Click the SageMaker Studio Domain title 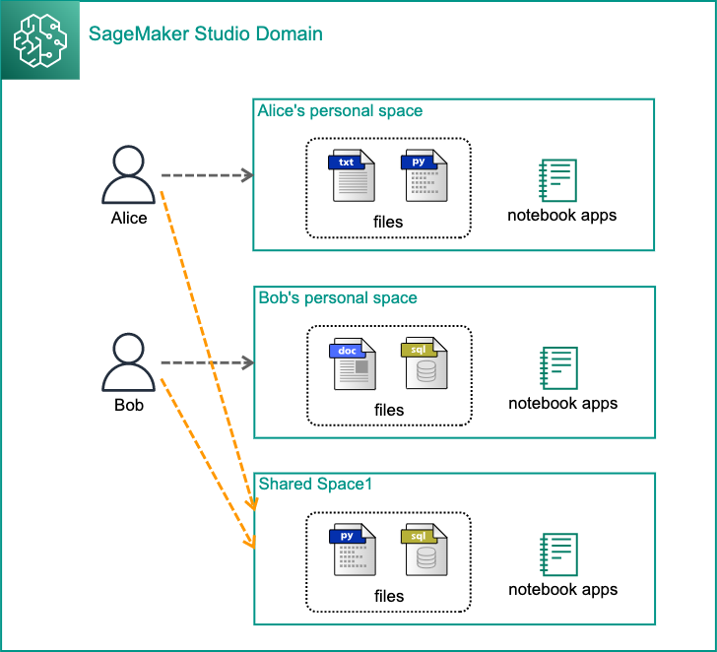click(206, 34)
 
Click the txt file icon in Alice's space click(353, 175)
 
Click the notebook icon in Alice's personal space click(557, 179)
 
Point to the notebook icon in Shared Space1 click(558, 554)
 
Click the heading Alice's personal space click(340, 110)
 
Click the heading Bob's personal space click(337, 297)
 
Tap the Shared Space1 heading click(314, 484)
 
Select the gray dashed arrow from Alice click(207, 175)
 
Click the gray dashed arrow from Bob click(207, 362)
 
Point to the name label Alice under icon click(129, 218)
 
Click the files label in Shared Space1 click(389, 596)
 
